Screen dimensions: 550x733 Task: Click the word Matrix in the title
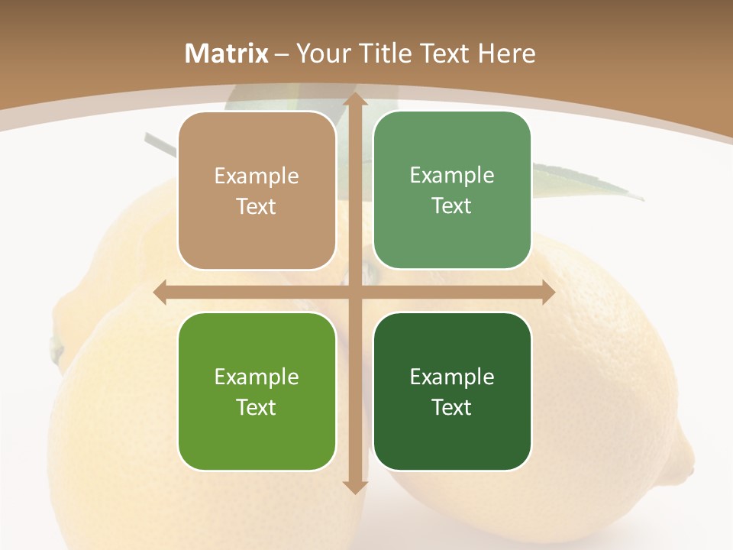(227, 53)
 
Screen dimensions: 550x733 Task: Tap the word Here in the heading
(507, 53)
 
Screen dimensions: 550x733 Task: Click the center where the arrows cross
(354, 293)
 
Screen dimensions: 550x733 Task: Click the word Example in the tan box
(257, 176)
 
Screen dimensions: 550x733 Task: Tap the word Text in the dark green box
(452, 407)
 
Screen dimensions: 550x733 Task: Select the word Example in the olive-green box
(257, 377)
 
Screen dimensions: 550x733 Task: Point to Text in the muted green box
(452, 205)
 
